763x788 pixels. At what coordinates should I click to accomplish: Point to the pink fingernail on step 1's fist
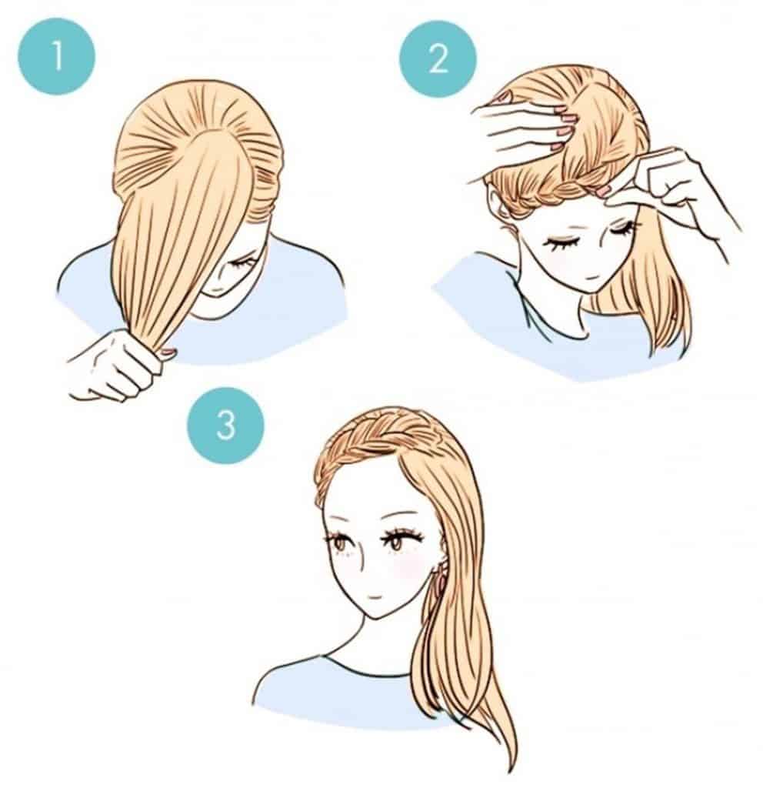pos(167,352)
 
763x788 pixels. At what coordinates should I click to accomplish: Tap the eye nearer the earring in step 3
pos(396,543)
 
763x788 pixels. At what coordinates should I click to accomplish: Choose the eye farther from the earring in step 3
pos(339,543)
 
